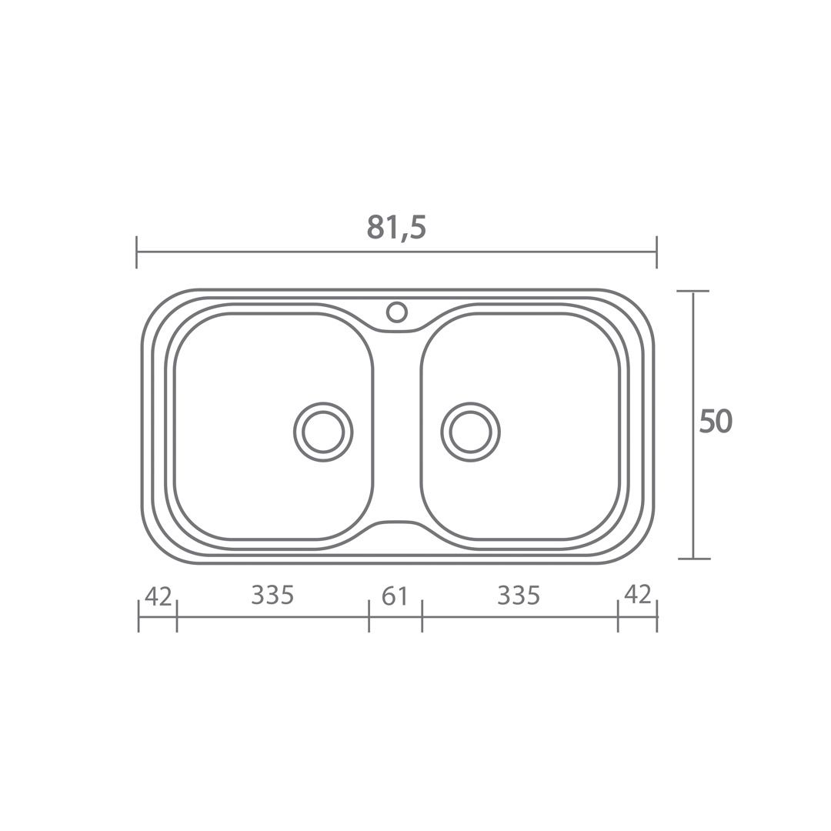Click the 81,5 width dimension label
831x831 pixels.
point(396,227)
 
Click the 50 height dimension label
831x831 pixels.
point(716,422)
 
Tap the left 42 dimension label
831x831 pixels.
point(159,597)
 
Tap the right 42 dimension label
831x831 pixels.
point(638,595)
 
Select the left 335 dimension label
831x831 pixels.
point(272,595)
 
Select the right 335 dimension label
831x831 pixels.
point(519,596)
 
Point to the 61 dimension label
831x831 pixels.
point(395,596)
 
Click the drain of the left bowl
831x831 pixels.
point(322,432)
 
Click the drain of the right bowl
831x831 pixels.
point(470,432)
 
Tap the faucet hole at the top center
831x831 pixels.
point(396,312)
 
